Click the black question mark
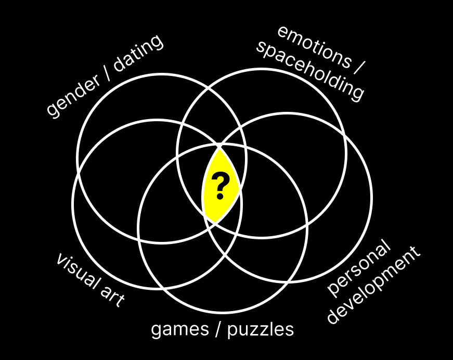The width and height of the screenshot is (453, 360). (221, 186)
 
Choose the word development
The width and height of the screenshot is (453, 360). (374, 286)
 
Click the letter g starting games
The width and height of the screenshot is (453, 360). (156, 330)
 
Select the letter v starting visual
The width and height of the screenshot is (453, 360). (60, 259)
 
